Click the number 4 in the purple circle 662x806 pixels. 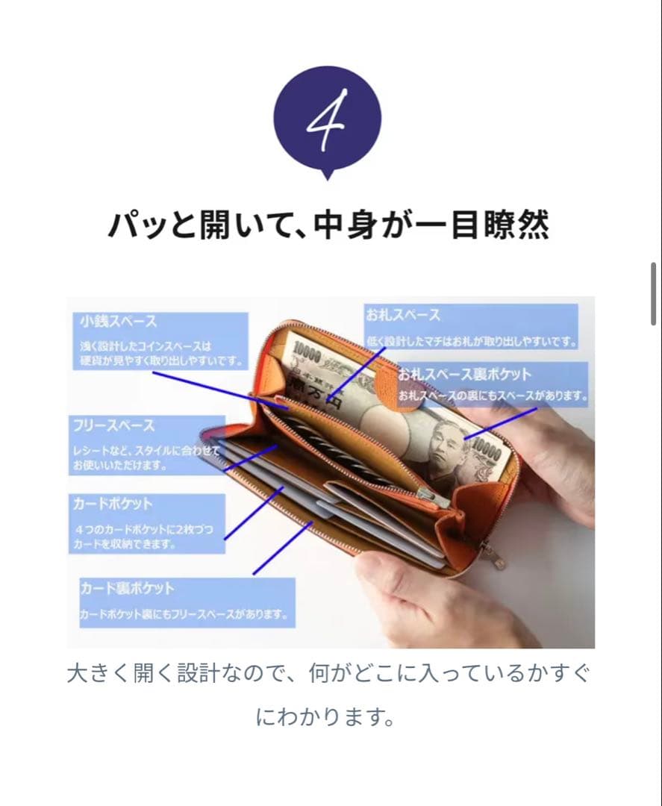(327, 119)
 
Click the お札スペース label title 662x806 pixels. (403, 315)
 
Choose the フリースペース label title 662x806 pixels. (113, 425)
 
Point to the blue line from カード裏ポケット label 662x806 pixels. (283, 548)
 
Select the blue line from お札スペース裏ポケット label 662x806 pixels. (500, 422)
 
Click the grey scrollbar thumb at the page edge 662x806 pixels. (655, 293)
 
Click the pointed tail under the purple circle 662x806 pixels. (326, 175)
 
